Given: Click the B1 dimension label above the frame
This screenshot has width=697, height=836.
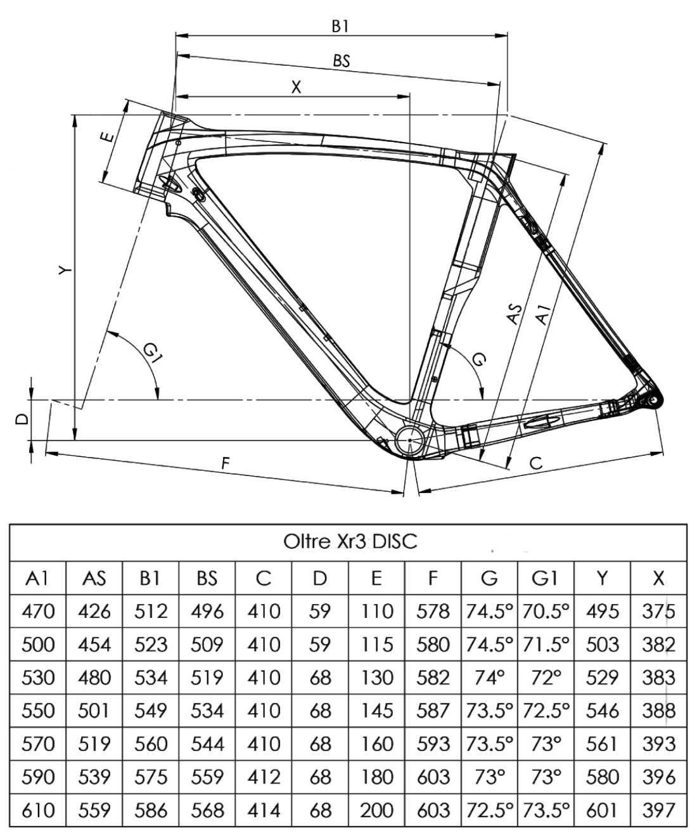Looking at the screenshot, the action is pos(340,27).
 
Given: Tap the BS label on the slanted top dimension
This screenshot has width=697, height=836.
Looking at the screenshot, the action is pos(342,61).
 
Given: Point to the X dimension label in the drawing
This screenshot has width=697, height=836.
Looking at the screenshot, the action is pos(296,87).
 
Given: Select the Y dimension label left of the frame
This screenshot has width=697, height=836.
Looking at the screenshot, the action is pos(65,270).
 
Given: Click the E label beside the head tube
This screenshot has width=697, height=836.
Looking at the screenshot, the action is pos(107,138).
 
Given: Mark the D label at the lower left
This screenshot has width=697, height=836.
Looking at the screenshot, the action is pos(22,419).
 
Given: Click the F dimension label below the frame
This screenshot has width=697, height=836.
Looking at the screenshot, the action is pos(226,464).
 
